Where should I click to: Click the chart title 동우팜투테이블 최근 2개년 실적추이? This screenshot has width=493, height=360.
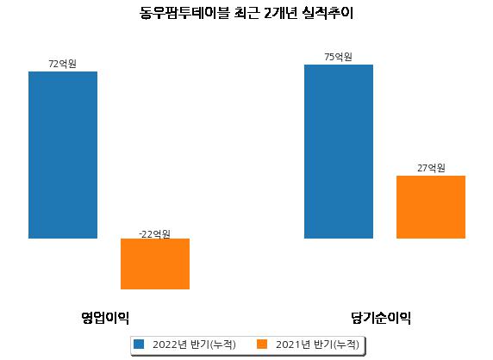246,13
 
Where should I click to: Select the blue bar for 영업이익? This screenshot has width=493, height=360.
63,155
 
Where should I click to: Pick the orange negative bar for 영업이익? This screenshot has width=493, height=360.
155,264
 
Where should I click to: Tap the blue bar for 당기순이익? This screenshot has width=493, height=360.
339,152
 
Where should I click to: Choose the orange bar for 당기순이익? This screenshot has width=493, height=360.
431,207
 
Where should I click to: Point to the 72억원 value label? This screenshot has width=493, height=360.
63,64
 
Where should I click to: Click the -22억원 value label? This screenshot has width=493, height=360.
154,234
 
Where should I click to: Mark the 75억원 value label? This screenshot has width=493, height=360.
339,57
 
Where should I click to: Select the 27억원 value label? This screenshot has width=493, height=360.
431,168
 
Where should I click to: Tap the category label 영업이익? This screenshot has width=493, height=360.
105,318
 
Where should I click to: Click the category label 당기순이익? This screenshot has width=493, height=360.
381,318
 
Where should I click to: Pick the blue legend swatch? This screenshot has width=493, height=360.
139,344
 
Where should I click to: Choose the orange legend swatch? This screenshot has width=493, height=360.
262,344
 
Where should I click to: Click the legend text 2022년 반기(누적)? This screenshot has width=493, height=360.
194,344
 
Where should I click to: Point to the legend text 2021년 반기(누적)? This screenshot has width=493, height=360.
317,344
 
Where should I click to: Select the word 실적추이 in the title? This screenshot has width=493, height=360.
328,13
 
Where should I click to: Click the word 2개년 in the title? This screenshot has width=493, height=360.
280,13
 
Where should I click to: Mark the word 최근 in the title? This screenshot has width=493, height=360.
247,13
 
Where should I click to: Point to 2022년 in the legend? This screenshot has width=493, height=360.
170,344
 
